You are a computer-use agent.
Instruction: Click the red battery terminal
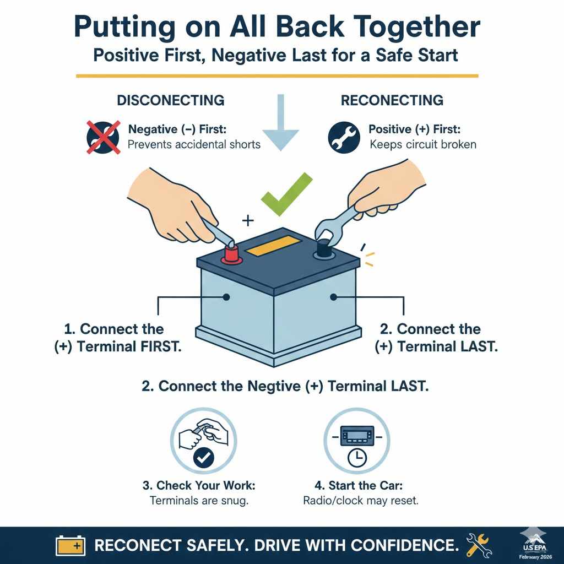click(232, 254)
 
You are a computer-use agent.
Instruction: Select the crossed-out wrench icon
click(103, 137)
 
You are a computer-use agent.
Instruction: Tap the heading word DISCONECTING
click(170, 100)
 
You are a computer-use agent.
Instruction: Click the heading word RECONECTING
click(392, 100)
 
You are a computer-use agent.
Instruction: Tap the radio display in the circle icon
click(357, 437)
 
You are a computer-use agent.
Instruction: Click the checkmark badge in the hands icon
click(204, 457)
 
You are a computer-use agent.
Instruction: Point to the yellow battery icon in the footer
click(70, 546)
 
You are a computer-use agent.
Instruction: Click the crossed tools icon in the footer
click(479, 545)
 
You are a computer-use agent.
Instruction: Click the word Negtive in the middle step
click(269, 386)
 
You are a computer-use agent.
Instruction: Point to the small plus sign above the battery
click(248, 221)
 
